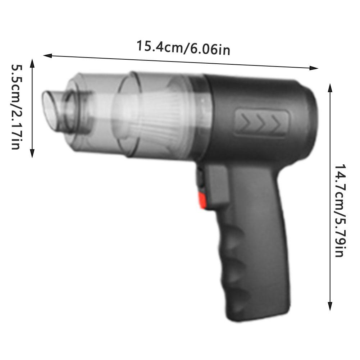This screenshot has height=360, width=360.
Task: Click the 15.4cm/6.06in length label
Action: tap(183, 48)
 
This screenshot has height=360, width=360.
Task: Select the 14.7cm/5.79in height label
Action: tap(340, 210)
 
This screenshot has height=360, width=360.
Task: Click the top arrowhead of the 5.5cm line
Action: tap(32, 63)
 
